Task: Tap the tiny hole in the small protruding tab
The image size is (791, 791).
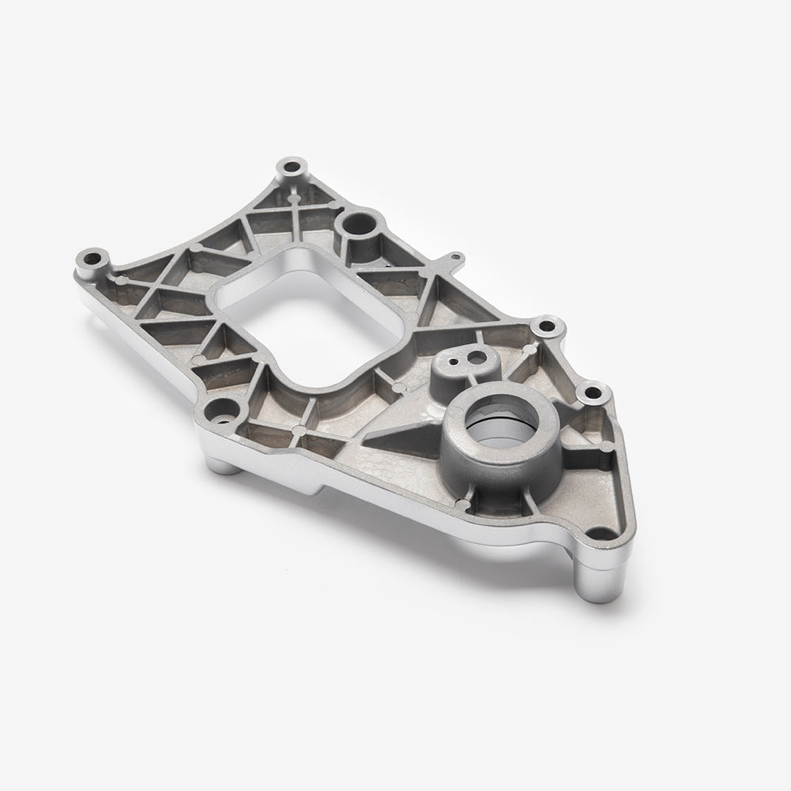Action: [x=453, y=257]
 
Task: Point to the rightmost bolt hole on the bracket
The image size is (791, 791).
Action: [x=592, y=392]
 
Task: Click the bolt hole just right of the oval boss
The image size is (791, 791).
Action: [x=543, y=326]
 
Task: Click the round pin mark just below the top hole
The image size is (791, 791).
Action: [x=297, y=191]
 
